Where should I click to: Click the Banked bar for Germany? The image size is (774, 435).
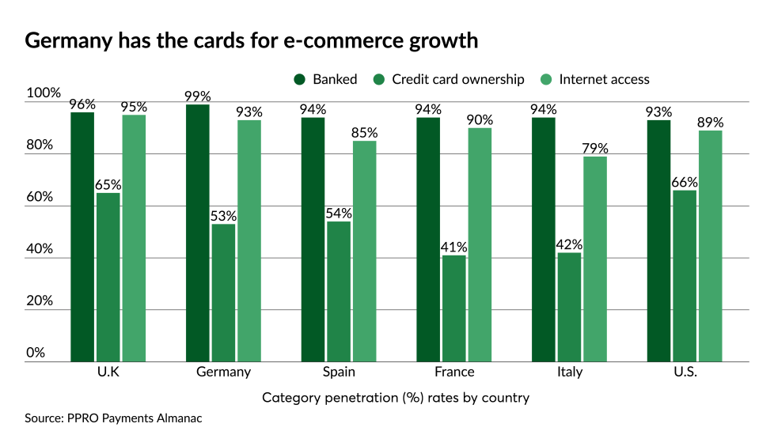coord(198,233)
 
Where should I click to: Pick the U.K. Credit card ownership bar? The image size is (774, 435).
coord(108,277)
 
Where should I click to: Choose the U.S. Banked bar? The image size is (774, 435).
coord(659,240)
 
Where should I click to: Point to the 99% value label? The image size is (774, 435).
coord(198,96)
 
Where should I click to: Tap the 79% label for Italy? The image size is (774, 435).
coord(595,148)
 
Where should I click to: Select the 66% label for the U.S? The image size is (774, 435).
coord(685,182)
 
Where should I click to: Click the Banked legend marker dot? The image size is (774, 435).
coord(299,79)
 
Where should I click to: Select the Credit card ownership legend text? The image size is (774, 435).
coord(457,79)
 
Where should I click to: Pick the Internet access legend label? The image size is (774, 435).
coord(604,79)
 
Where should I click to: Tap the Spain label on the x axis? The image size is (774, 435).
coord(339,372)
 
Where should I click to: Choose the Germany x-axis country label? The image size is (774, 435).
coord(223,372)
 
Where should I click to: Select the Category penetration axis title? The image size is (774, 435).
coord(395,397)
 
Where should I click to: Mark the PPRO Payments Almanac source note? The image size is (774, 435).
coord(113,418)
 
